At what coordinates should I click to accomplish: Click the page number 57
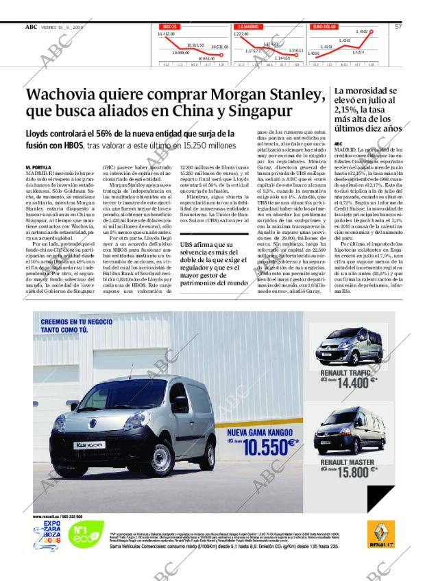(398, 27)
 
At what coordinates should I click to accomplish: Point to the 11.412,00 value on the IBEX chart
(167, 34)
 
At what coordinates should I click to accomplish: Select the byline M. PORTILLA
(38, 167)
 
